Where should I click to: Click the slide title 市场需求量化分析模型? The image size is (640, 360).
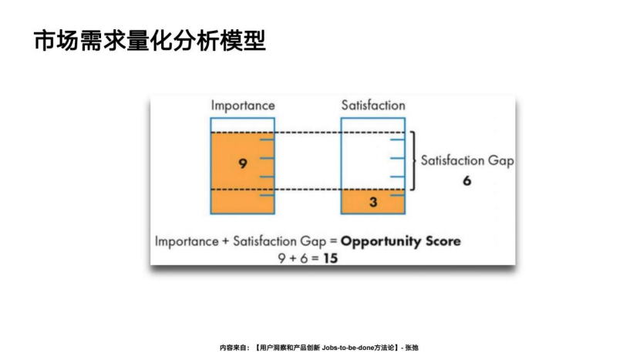[x=150, y=41]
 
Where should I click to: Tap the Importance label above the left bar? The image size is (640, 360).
[x=243, y=106]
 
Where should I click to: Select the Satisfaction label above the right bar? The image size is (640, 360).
[x=373, y=105]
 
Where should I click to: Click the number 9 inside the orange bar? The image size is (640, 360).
[x=243, y=163]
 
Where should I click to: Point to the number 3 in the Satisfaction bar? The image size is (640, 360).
[x=373, y=202]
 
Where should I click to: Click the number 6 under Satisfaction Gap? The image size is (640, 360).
[x=467, y=180]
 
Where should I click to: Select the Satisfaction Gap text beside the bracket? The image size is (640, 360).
[x=467, y=160]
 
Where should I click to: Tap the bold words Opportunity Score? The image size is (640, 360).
[x=401, y=241]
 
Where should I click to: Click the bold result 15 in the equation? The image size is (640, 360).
[x=331, y=258]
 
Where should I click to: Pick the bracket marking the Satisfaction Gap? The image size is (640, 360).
[x=414, y=161]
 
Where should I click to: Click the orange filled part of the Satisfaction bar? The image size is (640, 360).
[x=373, y=202]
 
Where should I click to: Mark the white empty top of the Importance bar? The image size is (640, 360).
[x=242, y=126]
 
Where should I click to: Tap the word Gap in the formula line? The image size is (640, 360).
[x=313, y=241]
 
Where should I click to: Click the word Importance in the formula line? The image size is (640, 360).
[x=187, y=241]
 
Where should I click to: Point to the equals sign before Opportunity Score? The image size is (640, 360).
[x=333, y=241]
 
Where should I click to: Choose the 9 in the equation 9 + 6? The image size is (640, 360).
[x=282, y=258]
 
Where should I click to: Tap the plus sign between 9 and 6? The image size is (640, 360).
[x=293, y=258]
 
